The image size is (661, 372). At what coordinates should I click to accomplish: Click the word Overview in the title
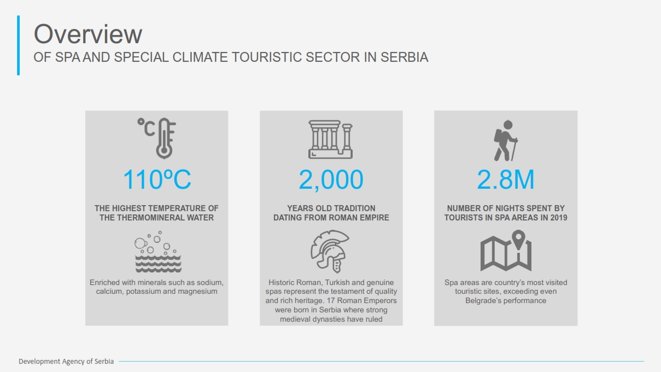(x=88, y=34)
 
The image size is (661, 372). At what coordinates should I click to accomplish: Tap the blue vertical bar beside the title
(x=18, y=45)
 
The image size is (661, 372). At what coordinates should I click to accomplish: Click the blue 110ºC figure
(x=157, y=179)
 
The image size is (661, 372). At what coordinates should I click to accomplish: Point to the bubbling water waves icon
(x=158, y=252)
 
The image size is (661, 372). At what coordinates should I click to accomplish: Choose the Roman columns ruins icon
(x=330, y=139)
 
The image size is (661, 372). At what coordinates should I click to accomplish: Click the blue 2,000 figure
(x=331, y=179)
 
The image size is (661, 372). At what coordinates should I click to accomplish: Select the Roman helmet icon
(x=330, y=251)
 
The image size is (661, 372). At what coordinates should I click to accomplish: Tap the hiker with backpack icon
(x=506, y=141)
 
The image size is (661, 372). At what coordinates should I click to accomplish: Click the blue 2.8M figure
(x=506, y=179)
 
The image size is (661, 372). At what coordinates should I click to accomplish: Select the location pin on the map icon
(x=518, y=240)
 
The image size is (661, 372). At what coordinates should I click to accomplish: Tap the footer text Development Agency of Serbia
(x=66, y=362)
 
